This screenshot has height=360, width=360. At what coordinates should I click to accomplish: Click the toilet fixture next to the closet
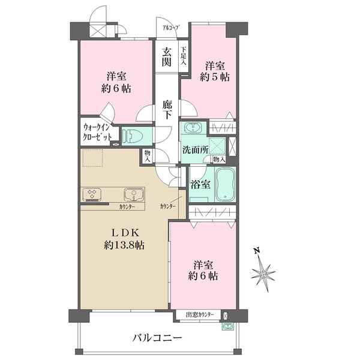click(x=133, y=136)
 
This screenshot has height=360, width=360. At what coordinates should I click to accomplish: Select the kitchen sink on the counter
click(x=133, y=194)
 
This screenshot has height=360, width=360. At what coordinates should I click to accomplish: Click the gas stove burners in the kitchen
click(x=94, y=194)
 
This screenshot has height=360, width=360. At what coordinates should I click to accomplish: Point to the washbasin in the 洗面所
click(x=193, y=129)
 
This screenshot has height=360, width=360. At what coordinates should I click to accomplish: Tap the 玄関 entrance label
click(x=167, y=56)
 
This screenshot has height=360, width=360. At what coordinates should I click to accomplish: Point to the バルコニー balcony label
click(x=157, y=338)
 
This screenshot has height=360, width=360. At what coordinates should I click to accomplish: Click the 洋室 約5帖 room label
click(x=215, y=71)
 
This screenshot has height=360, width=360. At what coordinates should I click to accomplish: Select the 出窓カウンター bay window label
click(x=198, y=314)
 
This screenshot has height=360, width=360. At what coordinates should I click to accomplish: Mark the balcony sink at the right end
click(x=227, y=327)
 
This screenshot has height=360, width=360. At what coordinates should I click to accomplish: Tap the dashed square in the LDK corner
click(x=93, y=158)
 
